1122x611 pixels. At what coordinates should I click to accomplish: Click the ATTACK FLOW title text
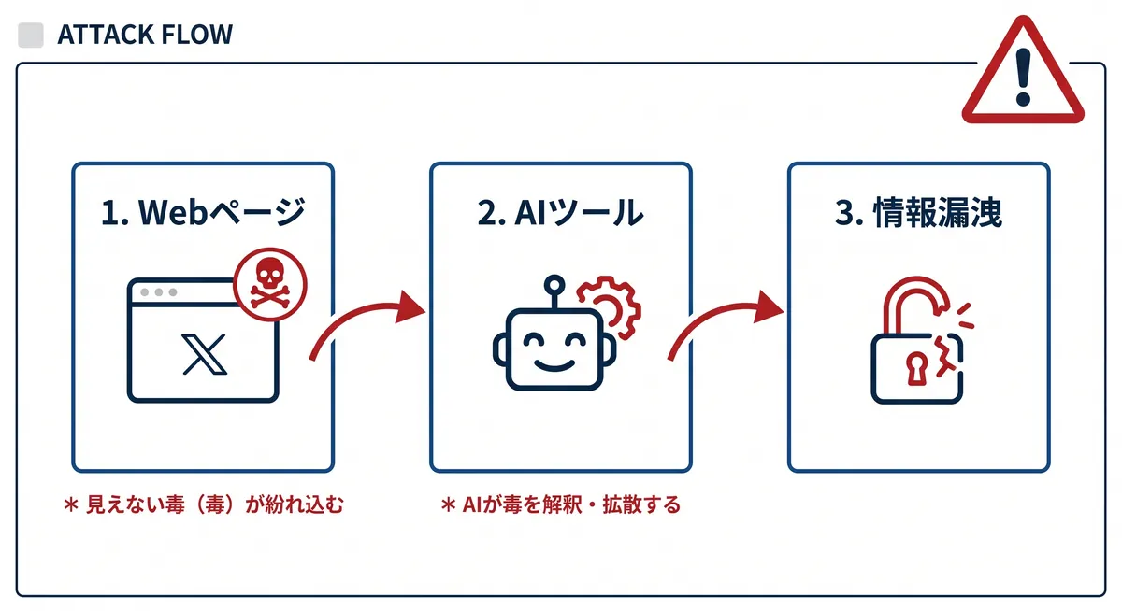pyautogui.click(x=145, y=36)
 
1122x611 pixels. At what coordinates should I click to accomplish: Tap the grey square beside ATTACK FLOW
pyautogui.click(x=31, y=36)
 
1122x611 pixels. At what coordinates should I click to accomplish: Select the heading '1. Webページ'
pyautogui.click(x=203, y=213)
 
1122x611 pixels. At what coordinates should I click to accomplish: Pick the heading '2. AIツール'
pyautogui.click(x=560, y=213)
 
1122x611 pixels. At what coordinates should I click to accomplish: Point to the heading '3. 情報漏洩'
pyautogui.click(x=918, y=213)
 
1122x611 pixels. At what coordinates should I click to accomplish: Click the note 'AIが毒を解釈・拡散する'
pyautogui.click(x=561, y=505)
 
